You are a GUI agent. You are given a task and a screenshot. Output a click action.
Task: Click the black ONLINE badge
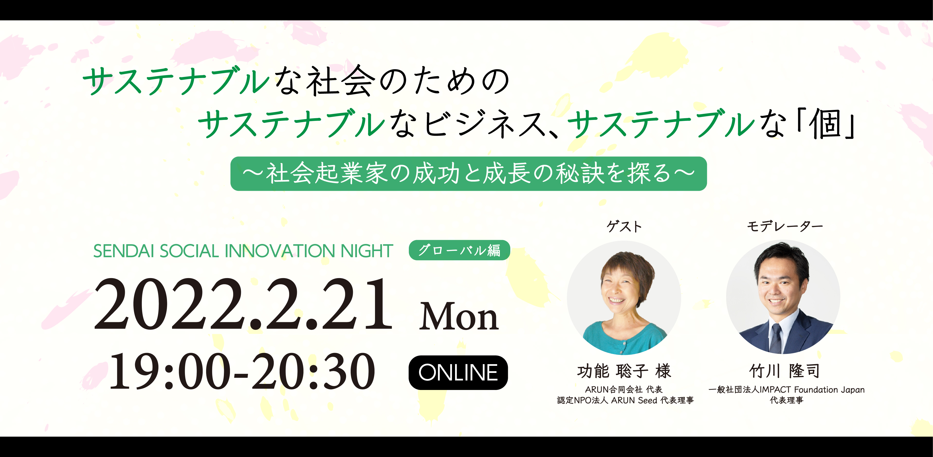[458, 372]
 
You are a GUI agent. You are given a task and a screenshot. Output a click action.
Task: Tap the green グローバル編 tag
[459, 250]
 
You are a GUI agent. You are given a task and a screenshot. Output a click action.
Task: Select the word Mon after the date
[459, 317]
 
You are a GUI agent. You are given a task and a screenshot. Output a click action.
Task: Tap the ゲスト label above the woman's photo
[624, 226]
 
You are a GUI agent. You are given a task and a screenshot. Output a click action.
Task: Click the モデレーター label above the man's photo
[785, 226]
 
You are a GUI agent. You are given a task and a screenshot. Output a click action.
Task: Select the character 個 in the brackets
[826, 124]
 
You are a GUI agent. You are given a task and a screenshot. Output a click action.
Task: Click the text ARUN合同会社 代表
[624, 389]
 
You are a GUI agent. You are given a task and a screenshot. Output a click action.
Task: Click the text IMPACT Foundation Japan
[812, 389]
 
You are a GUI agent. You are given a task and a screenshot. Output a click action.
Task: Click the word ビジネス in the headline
[484, 124]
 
